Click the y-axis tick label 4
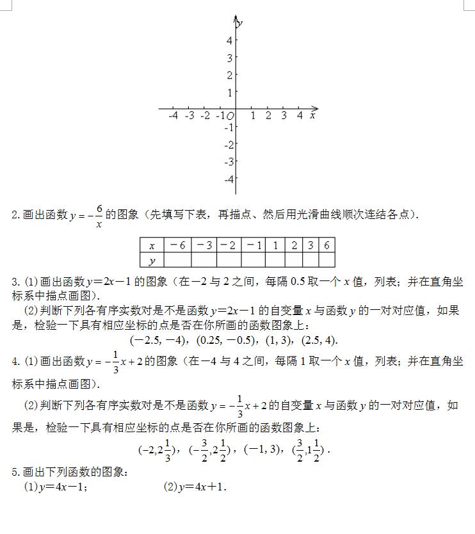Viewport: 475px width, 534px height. pos(229,40)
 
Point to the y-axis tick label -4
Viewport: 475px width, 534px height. pos(228,179)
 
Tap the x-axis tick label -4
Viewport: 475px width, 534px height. pos(173,116)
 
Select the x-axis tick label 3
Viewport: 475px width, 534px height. pos(284,116)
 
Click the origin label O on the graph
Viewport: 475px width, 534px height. pos(230,117)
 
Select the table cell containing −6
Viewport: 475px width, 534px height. pos(177,245)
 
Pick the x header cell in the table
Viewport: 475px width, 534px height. pos(152,245)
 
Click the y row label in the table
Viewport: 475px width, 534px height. pos(152,260)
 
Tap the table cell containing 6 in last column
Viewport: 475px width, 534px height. pos(326,245)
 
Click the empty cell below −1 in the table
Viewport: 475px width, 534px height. pos(254,260)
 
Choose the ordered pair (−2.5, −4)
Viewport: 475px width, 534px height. pos(158,339)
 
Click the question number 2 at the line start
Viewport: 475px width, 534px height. pos(15,215)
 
